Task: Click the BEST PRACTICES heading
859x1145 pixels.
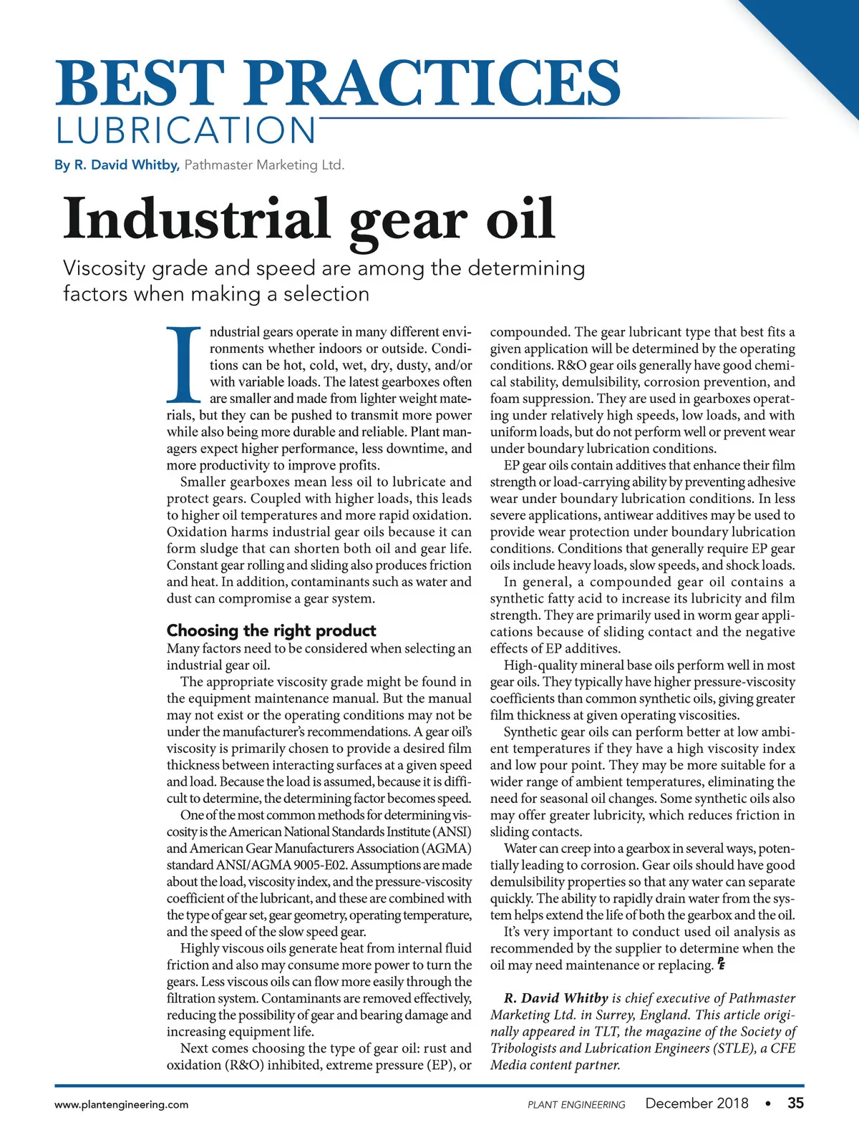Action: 338,83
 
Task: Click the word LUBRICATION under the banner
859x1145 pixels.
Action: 186,131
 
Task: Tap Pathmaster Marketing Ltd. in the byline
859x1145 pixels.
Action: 264,165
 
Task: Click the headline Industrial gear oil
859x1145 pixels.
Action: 309,220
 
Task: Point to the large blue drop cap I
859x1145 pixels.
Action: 185,364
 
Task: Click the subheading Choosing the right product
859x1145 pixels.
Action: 271,630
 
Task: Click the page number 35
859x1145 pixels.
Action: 795,1103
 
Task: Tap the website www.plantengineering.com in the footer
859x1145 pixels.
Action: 122,1104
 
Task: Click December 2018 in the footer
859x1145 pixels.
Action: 697,1103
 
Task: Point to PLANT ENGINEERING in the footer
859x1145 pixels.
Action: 576,1105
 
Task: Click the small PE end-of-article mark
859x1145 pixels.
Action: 721,964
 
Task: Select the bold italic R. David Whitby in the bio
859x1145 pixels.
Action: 556,998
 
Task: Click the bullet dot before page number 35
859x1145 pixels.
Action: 767,1103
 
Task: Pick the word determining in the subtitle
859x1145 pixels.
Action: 526,268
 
